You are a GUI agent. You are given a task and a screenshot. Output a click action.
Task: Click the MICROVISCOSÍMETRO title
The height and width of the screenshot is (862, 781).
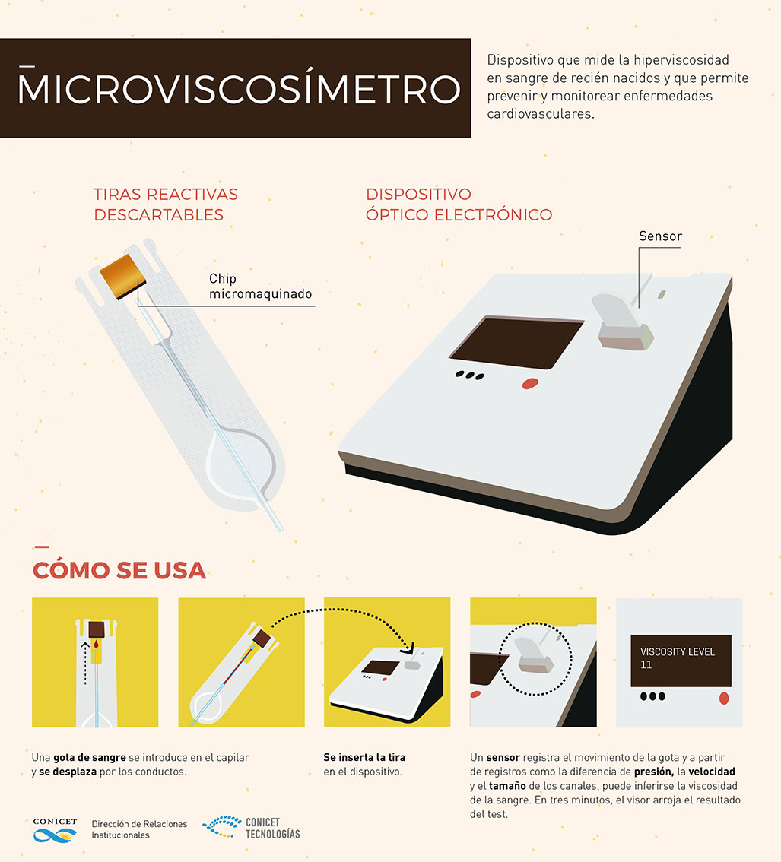[x=239, y=88]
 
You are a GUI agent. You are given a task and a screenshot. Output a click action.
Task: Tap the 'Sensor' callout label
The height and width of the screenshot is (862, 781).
[x=660, y=236]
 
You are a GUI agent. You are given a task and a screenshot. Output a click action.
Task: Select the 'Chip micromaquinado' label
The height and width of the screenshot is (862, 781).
[x=260, y=286]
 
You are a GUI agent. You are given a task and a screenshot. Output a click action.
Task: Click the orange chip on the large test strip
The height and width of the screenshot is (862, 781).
[x=122, y=276]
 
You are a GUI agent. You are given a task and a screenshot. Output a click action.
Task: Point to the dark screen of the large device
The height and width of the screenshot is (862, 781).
[x=516, y=342]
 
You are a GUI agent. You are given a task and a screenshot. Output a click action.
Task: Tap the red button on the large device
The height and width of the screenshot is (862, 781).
[x=530, y=384]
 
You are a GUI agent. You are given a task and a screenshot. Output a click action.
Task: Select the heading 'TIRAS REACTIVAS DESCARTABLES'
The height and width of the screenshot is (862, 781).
[x=166, y=204]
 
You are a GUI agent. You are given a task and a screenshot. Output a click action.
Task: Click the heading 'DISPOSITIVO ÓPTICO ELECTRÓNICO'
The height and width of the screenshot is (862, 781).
[x=459, y=204]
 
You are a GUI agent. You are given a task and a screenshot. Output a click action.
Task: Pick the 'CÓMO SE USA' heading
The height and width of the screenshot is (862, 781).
[x=119, y=570]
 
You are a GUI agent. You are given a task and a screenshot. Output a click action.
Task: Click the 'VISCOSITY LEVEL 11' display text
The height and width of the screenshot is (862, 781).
[x=677, y=658]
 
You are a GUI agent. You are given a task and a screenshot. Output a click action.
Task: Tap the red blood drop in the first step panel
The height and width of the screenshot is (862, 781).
[x=97, y=644]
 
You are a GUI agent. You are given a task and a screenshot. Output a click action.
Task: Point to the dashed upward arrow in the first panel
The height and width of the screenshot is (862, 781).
[x=84, y=663]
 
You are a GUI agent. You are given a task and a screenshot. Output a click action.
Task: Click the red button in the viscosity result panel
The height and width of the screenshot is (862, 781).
[x=724, y=698]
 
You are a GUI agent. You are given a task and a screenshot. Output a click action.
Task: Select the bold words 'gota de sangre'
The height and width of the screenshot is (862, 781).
[x=90, y=758]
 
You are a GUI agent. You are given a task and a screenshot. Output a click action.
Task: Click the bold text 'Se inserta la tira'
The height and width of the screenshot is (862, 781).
[x=364, y=757]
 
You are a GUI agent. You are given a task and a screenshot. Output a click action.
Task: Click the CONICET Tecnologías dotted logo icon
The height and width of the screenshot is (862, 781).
[x=222, y=827]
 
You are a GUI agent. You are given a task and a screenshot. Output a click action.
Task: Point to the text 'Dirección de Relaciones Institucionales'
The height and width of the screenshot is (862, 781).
[x=139, y=829]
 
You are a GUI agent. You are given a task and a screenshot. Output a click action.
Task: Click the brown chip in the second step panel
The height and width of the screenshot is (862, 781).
[x=262, y=639]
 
